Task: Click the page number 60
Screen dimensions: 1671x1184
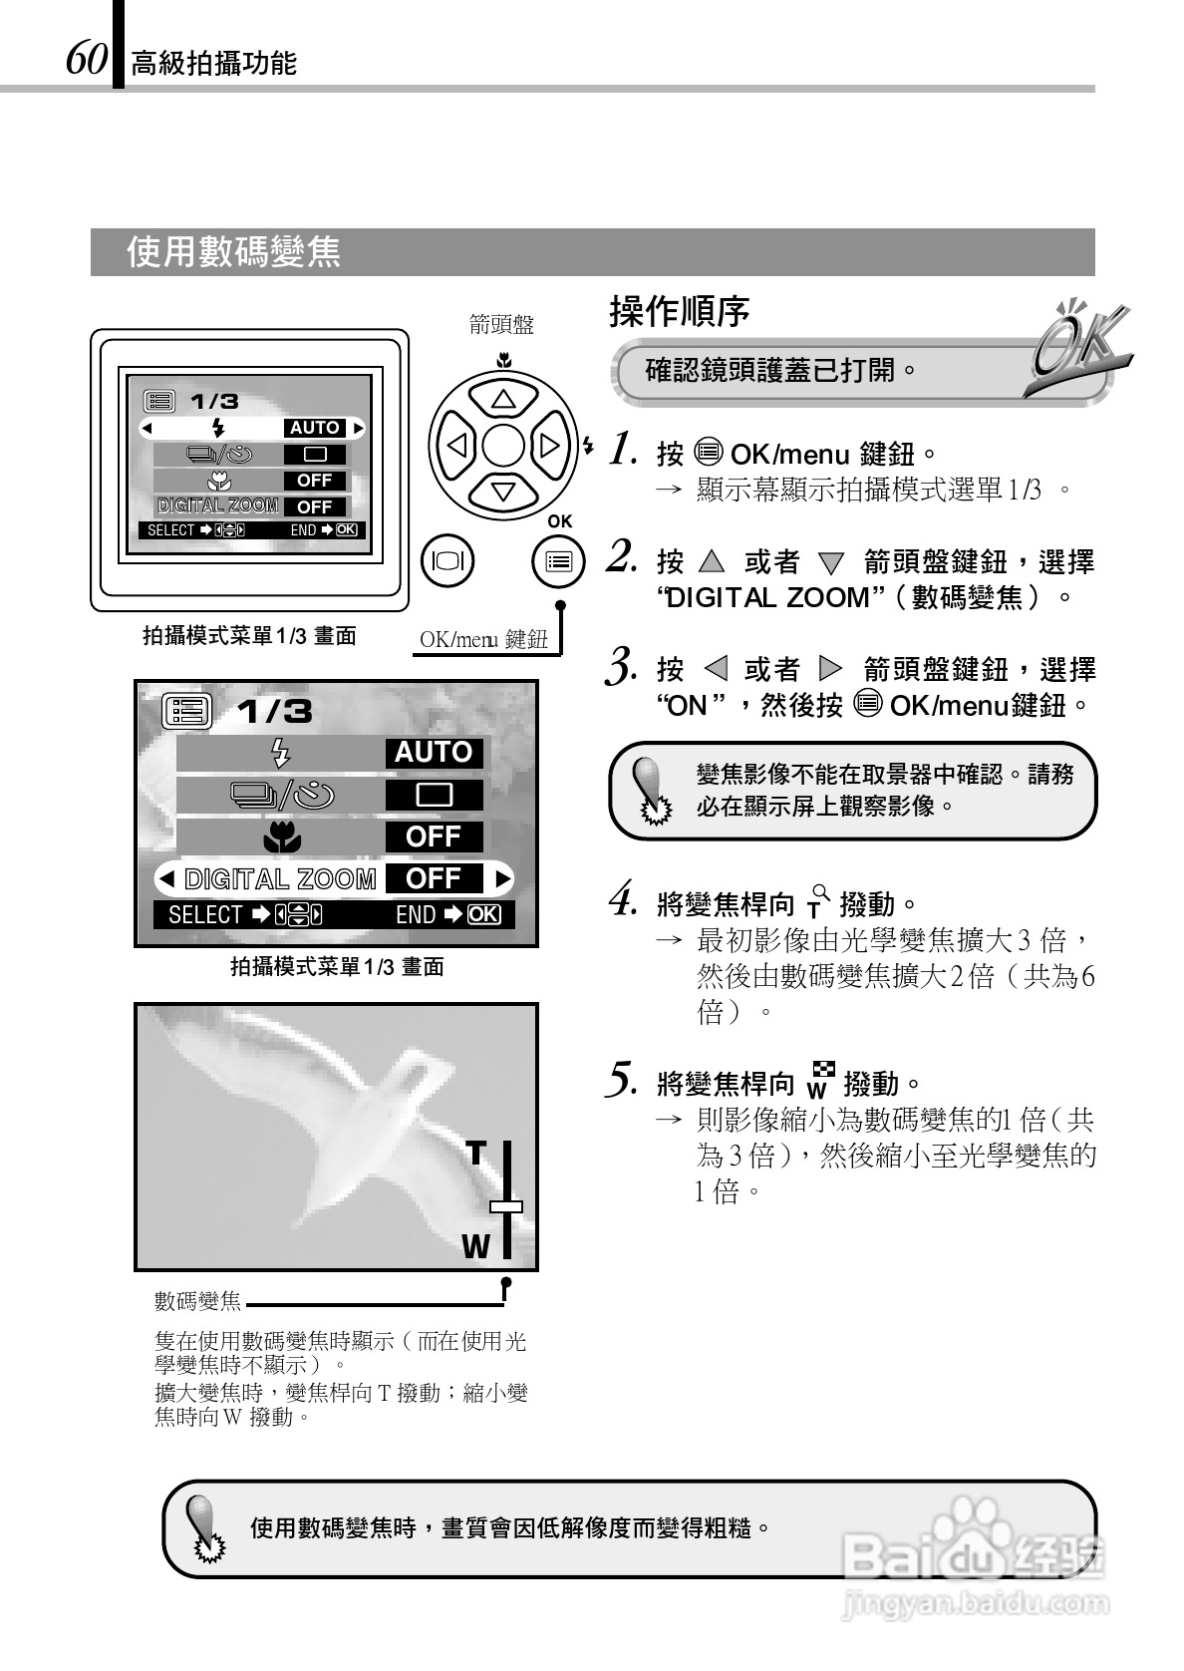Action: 87,59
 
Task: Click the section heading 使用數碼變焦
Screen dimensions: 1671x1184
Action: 233,252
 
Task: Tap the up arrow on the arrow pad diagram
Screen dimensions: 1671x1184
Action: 503,400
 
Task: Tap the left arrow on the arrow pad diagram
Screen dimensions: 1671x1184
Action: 457,445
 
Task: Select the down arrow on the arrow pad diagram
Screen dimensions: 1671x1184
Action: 503,490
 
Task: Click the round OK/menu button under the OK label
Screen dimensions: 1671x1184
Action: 558,561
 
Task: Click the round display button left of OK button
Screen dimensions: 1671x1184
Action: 448,561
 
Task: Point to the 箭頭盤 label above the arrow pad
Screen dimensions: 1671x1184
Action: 502,324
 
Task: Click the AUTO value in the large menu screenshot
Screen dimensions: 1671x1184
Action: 434,753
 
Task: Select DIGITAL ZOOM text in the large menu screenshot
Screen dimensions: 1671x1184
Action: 280,879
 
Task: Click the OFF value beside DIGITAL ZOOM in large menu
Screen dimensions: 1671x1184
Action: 434,878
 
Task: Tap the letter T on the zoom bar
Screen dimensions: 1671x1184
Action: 476,1155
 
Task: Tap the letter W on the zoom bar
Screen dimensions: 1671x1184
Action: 475,1246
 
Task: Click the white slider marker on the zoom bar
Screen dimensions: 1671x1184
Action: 506,1206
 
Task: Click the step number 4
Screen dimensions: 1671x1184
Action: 623,900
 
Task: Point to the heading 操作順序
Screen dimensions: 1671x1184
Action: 679,312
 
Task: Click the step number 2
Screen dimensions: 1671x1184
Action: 622,557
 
